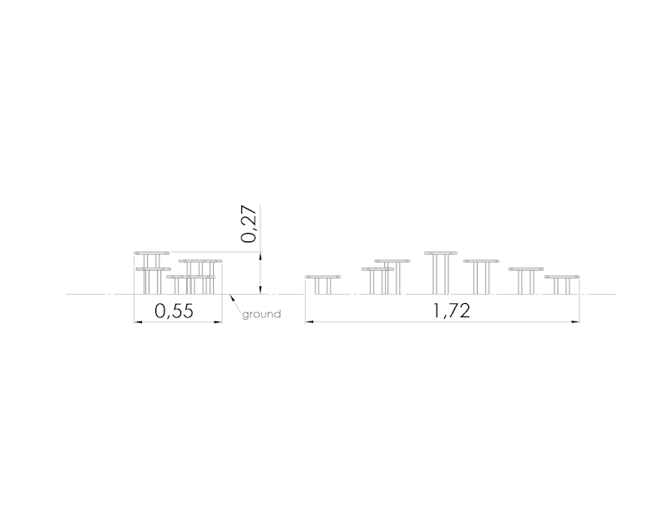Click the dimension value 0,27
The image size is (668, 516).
pos(249,224)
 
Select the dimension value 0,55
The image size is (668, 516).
pos(174,311)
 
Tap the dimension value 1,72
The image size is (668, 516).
pos(452,311)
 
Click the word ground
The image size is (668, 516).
pos(261,315)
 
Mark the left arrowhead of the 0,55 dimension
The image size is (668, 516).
pos(138,322)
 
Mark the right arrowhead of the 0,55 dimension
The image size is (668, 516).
pos(219,322)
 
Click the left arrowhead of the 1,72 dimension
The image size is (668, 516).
pos(309,321)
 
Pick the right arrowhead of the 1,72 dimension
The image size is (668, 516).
pos(575,321)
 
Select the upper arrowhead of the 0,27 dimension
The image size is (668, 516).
pos(261,255)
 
